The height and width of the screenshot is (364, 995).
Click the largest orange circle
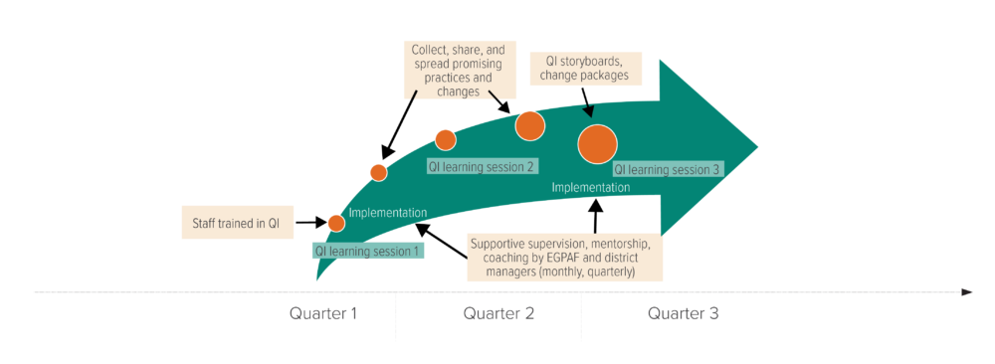pyautogui.click(x=597, y=143)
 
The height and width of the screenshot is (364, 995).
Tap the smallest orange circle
pyautogui.click(x=336, y=223)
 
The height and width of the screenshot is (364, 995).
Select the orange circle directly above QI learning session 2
pyautogui.click(x=445, y=139)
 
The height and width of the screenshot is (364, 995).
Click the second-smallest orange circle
pyautogui.click(x=378, y=172)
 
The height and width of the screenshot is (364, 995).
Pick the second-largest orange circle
pyautogui.click(x=529, y=125)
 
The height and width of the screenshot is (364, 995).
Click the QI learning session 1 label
pyautogui.click(x=368, y=252)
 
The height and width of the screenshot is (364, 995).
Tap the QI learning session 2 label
pyautogui.click(x=482, y=167)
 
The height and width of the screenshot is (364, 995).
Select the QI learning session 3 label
pyautogui.click(x=667, y=170)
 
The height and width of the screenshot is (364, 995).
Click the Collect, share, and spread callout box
pyautogui.click(x=458, y=70)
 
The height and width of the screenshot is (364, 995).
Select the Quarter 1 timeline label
pyautogui.click(x=323, y=314)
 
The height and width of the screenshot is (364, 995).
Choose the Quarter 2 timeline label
pyautogui.click(x=498, y=314)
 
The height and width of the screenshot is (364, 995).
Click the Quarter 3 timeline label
pyautogui.click(x=684, y=314)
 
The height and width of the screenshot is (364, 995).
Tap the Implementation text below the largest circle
pyautogui.click(x=590, y=187)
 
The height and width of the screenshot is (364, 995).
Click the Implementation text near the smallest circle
pyautogui.click(x=388, y=213)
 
